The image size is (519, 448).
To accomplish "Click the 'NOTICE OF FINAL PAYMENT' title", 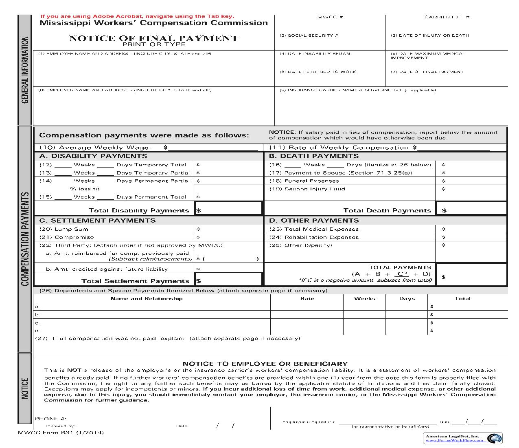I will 153,38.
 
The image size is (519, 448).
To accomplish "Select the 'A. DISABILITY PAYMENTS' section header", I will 93,156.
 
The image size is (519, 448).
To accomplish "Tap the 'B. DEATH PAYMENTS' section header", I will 314,156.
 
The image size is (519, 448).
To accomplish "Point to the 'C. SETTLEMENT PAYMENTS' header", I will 97,221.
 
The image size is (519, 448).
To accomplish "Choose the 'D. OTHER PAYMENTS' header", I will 314,221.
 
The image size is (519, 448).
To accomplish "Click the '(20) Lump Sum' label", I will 59,229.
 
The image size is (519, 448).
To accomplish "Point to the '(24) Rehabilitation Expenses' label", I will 314,237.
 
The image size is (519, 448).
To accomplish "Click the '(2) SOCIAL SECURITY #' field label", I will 309,35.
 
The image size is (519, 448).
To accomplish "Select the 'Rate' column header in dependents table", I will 307,298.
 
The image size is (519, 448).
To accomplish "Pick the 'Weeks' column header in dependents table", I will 364,298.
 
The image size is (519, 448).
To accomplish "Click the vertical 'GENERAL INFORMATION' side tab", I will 25,70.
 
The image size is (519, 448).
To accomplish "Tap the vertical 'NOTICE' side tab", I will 25,388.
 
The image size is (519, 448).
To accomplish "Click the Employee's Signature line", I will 388,422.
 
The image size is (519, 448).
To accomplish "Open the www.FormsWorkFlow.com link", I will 455,440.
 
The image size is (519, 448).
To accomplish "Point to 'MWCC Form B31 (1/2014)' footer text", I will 61,433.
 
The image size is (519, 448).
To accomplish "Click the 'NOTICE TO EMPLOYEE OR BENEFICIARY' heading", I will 265,364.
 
